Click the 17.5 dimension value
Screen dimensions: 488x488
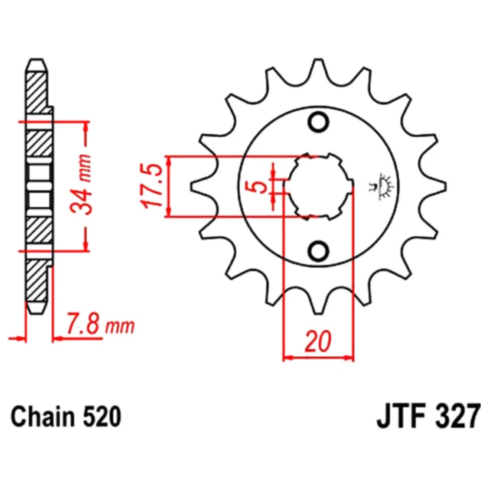coord(152,186)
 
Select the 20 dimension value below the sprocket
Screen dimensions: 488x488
coord(318,342)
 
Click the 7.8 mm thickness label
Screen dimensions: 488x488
coord(100,325)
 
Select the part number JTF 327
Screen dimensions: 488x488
coord(428,416)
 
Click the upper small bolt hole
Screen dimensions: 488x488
coord(318,122)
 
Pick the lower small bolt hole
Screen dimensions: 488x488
coord(318,250)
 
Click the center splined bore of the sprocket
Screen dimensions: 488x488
coord(318,186)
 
